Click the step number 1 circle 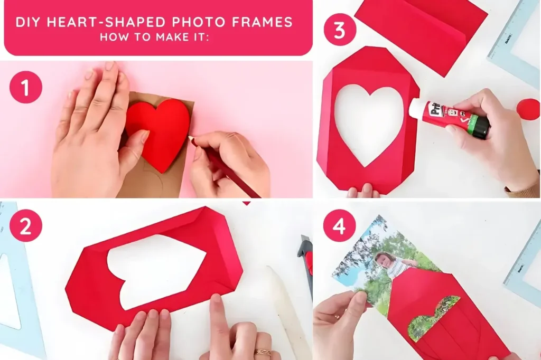pyautogui.click(x=25, y=87)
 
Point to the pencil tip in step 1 pyautogui.click(x=190, y=138)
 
